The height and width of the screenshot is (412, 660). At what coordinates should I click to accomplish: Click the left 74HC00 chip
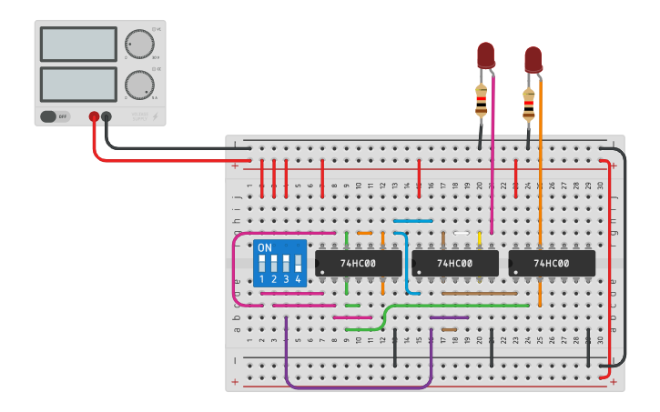click(x=359, y=264)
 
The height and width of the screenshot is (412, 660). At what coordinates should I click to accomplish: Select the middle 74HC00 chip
click(x=455, y=264)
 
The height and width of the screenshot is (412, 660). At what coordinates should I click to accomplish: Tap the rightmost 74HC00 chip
click(x=552, y=264)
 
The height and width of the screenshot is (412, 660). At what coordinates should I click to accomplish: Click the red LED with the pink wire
click(x=485, y=54)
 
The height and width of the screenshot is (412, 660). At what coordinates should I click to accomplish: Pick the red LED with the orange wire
click(x=533, y=59)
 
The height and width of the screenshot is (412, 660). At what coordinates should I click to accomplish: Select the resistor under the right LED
click(x=528, y=106)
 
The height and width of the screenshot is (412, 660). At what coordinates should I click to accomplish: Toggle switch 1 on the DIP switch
click(x=262, y=264)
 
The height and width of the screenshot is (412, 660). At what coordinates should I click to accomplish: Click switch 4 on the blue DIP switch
click(x=298, y=264)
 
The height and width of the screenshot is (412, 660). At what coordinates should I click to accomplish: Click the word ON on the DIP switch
click(x=265, y=247)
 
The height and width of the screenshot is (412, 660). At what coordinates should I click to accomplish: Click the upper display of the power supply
click(x=78, y=44)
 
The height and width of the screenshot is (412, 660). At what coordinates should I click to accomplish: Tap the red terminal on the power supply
click(x=94, y=116)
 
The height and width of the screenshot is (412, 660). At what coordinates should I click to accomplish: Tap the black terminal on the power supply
click(x=107, y=116)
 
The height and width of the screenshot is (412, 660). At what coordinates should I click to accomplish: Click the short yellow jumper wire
click(x=480, y=238)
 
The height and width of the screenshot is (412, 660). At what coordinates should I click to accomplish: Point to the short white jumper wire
click(x=462, y=234)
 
